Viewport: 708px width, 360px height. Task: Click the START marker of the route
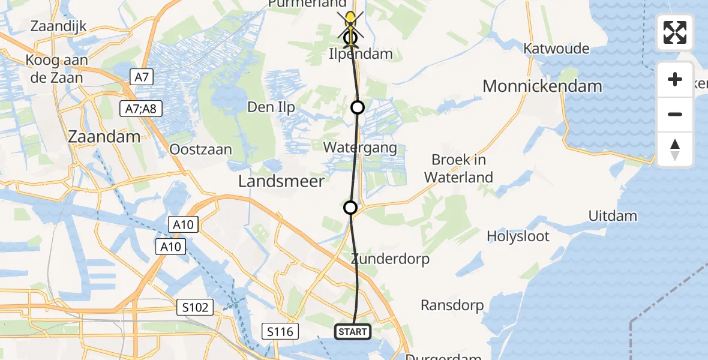(x=353, y=331)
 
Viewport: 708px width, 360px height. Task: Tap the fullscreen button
(x=675, y=32)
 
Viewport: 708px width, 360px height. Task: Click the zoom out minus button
(x=675, y=114)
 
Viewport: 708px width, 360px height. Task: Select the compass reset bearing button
(x=675, y=149)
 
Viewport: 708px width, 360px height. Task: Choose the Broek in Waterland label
(x=458, y=169)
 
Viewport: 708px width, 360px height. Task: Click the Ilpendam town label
(x=361, y=54)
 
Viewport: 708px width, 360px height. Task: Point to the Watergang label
(x=360, y=147)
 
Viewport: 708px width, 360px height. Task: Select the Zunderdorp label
(x=390, y=259)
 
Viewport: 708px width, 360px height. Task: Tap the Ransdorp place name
(x=452, y=305)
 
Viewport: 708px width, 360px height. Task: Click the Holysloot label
(x=518, y=236)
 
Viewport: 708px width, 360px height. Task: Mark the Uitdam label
(x=613, y=215)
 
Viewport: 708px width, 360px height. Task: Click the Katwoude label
(x=556, y=49)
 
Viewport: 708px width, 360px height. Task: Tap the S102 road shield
(x=196, y=308)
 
